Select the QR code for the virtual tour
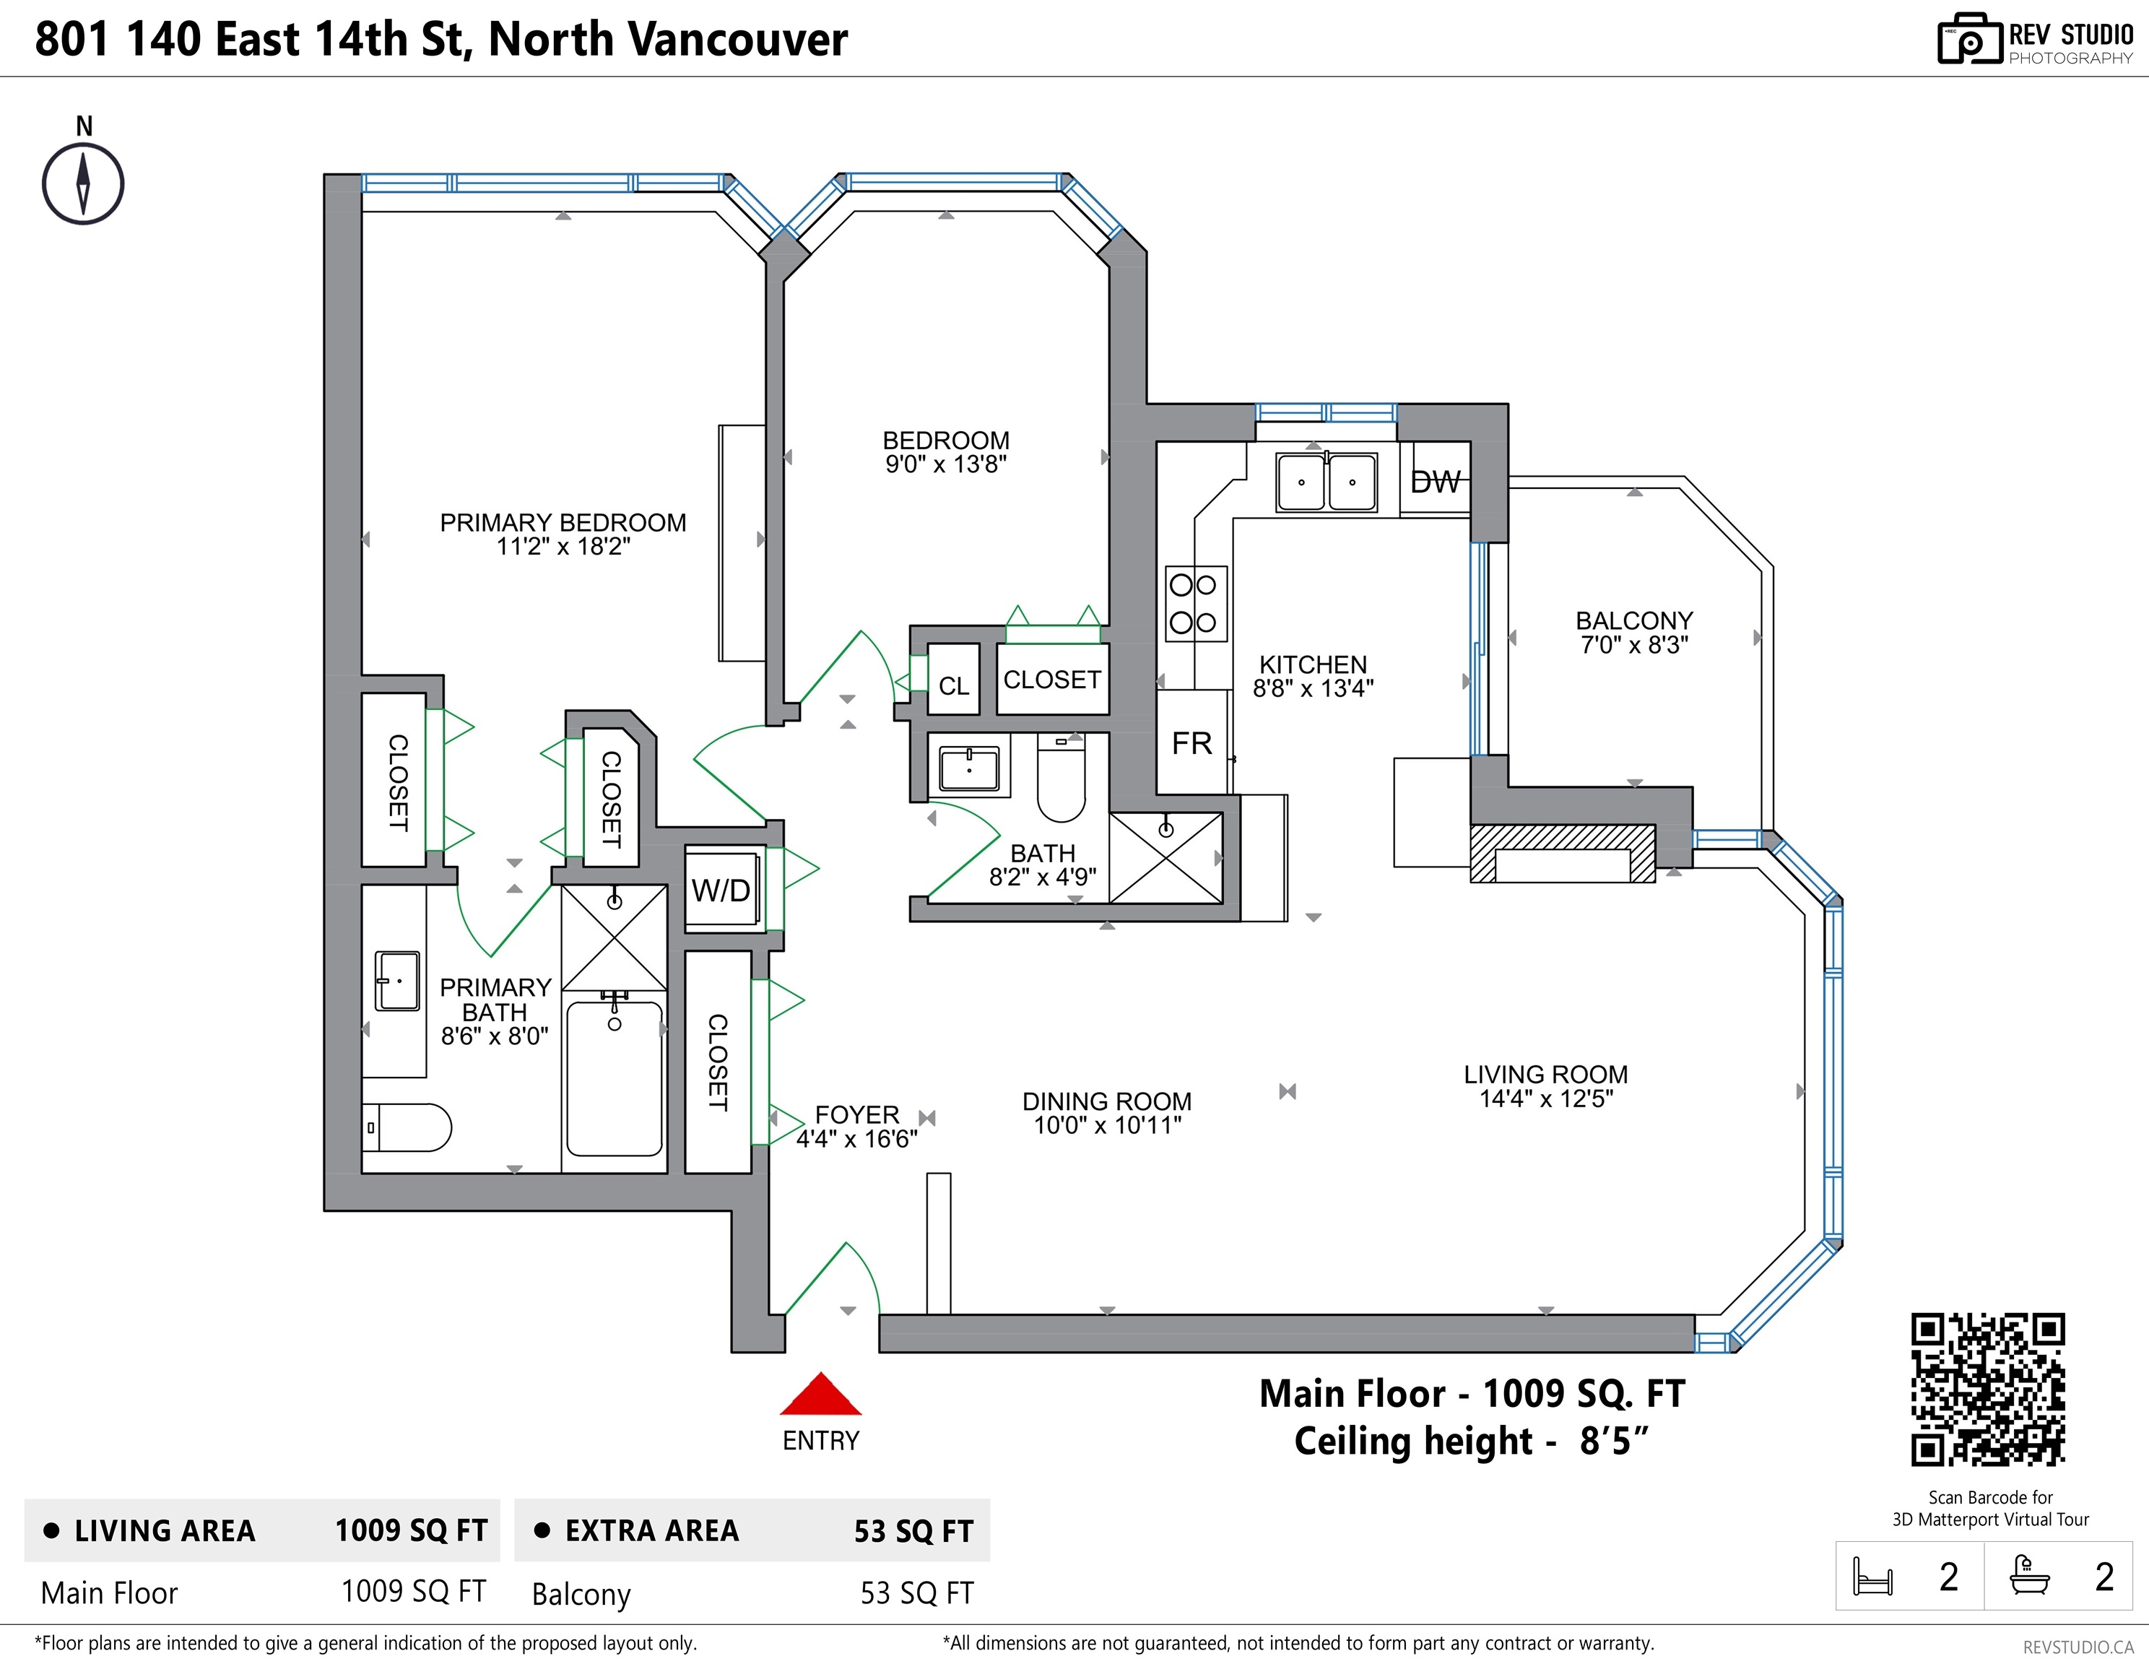(1988, 1390)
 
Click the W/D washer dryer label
(721, 890)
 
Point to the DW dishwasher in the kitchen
(1435, 481)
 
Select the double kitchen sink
(1327, 482)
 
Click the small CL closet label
(953, 686)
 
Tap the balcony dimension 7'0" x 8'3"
(1634, 646)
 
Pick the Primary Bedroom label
(563, 522)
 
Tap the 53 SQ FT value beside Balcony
(916, 1593)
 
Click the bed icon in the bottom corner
(1872, 1577)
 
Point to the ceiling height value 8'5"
(1612, 1442)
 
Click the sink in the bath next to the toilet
(969, 768)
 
